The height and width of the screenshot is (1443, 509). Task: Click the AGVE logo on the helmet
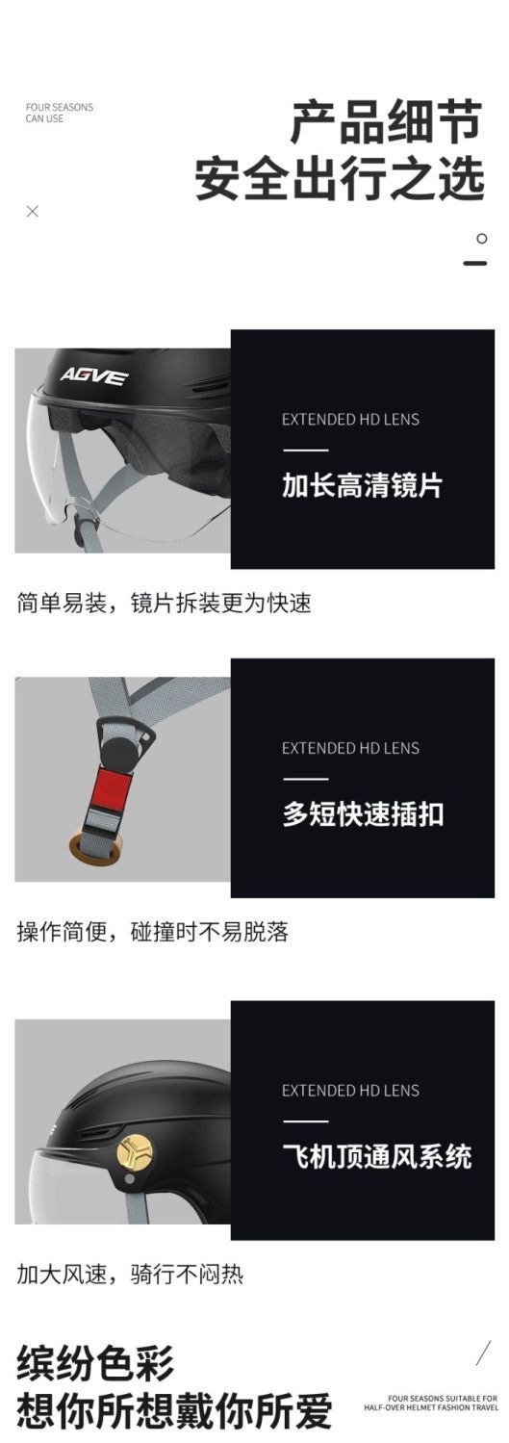(x=94, y=375)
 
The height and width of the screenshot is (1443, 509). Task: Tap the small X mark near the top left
(x=32, y=211)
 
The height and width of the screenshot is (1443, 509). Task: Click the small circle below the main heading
(x=481, y=239)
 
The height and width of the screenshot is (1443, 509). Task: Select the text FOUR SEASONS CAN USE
(x=60, y=113)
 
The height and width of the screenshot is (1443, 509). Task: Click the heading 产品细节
(x=386, y=121)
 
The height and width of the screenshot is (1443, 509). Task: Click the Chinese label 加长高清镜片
(x=363, y=485)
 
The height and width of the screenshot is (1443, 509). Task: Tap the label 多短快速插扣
(x=363, y=813)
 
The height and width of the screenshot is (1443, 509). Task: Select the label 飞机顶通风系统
(x=376, y=1156)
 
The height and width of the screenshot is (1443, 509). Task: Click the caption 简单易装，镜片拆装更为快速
(x=165, y=603)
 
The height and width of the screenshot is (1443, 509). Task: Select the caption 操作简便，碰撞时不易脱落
(x=152, y=932)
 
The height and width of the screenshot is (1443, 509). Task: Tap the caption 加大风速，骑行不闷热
(x=130, y=1274)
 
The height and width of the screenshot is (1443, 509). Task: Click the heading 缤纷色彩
(x=95, y=1364)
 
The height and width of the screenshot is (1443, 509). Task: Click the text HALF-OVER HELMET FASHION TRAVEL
(x=431, y=1407)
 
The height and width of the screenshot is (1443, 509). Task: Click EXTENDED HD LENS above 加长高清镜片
(x=350, y=420)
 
